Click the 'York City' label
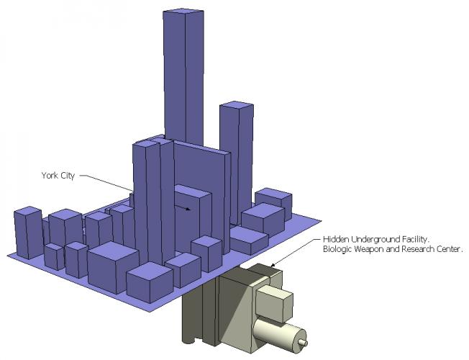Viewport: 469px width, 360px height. coord(58,175)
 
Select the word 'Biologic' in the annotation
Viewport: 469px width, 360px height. coord(337,249)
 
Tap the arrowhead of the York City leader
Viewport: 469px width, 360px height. coord(188,209)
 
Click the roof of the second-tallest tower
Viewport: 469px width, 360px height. coord(237,107)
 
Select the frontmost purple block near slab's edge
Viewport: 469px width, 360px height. coord(149,282)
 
